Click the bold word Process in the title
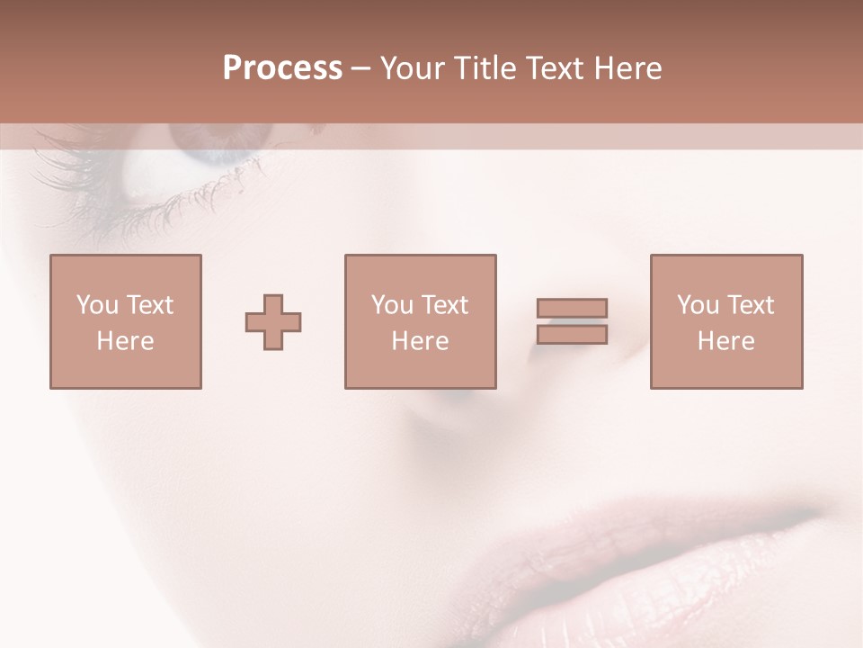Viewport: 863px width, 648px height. pyautogui.click(x=282, y=68)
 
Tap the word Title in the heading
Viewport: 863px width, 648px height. pyautogui.click(x=485, y=68)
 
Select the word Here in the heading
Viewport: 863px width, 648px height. pyautogui.click(x=627, y=68)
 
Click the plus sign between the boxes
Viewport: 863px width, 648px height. pyautogui.click(x=273, y=322)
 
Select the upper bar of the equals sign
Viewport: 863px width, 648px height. pyautogui.click(x=572, y=308)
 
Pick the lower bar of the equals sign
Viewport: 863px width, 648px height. pyautogui.click(x=572, y=335)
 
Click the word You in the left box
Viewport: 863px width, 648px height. pyautogui.click(x=97, y=305)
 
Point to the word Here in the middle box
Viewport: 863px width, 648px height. pyautogui.click(x=420, y=341)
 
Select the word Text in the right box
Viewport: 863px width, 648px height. pyautogui.click(x=750, y=305)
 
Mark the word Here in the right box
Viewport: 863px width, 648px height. pyautogui.click(x=725, y=341)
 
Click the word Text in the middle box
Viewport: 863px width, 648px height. pyautogui.click(x=445, y=305)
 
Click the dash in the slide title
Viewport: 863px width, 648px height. pyautogui.click(x=361, y=69)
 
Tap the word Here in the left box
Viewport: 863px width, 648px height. pyautogui.click(x=125, y=341)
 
